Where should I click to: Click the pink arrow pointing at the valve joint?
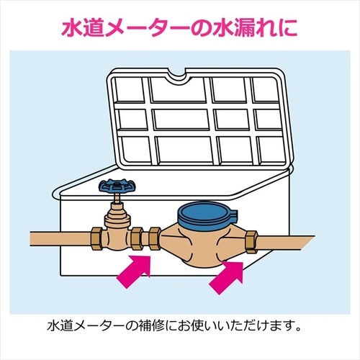pos(134,271)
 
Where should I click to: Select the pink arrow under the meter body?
pos(227,278)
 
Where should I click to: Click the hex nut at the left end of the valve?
pos(98,239)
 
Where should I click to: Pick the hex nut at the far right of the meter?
pos(252,242)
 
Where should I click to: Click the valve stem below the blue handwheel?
pos(117,198)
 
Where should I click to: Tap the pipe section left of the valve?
pos(60,239)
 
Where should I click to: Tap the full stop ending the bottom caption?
pos(298,329)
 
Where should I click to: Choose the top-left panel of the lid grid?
pos(129,89)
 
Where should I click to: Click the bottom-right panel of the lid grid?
pos(272,149)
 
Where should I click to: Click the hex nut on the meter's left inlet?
pos(155,239)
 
